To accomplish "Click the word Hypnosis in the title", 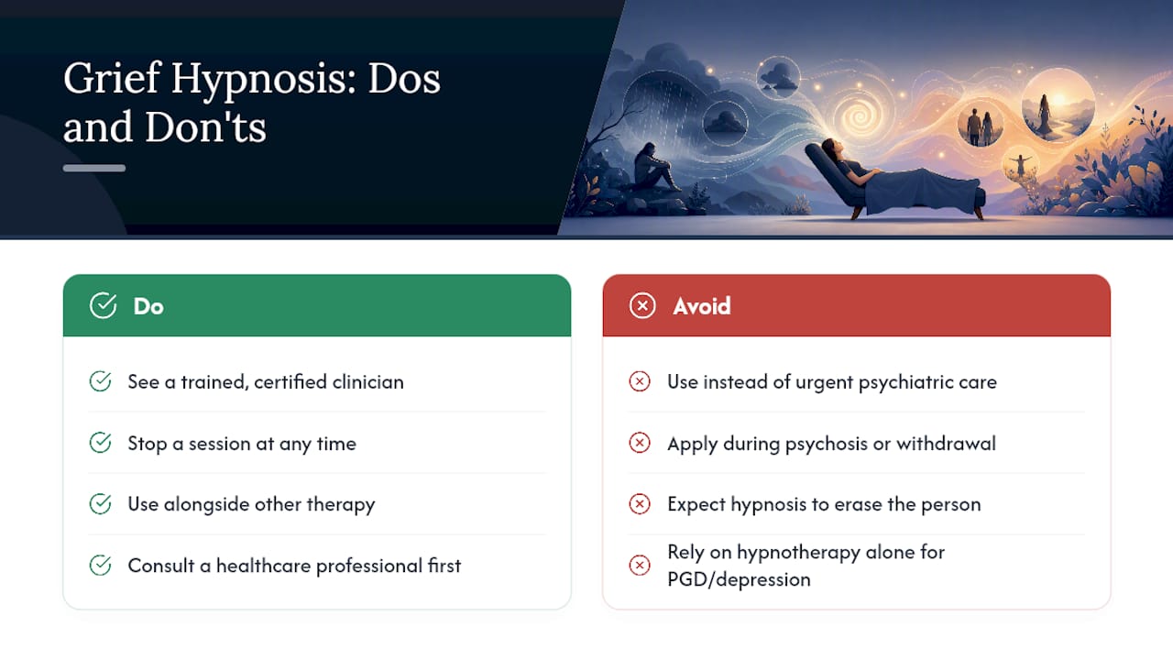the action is (x=263, y=80).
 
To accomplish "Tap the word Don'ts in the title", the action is (x=205, y=127).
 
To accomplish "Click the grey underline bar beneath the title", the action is (x=94, y=168).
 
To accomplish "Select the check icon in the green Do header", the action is (x=104, y=305).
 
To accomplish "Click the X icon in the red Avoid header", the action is (x=642, y=305).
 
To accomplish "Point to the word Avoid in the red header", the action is (x=702, y=306).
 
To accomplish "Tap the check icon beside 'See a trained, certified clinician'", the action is (x=100, y=381).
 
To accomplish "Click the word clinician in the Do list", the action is (x=368, y=382).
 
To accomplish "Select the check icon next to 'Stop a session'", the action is (x=100, y=443).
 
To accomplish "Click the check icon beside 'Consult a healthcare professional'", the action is (x=100, y=566).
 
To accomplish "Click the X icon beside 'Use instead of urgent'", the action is (x=640, y=381).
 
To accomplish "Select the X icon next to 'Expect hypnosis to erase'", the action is (x=640, y=504).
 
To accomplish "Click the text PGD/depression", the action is (x=739, y=580).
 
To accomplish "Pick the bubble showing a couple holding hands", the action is (x=981, y=125).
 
